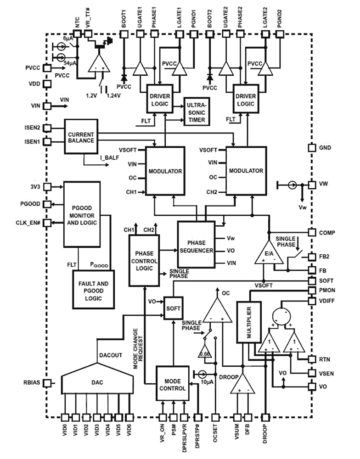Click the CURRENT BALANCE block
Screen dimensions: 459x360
tap(81, 136)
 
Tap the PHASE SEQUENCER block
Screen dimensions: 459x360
tap(196, 245)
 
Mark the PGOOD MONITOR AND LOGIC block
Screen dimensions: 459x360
tap(82, 214)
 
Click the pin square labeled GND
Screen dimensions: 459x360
tap(311, 148)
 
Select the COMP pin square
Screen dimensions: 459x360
tap(311, 232)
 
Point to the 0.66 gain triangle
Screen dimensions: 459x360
tap(205, 353)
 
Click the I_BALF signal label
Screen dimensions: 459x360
tap(107, 159)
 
